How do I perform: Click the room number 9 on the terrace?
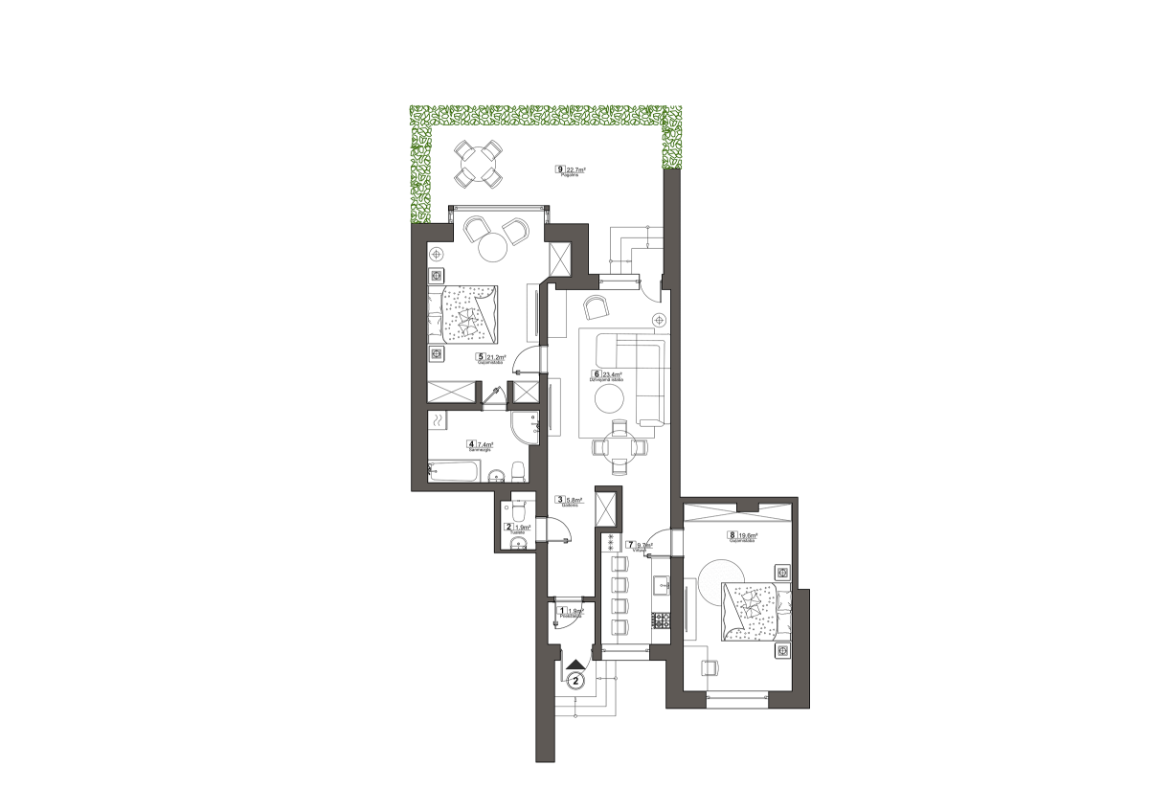pos(560,169)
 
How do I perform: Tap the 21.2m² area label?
pos(497,357)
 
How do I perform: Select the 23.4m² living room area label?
pos(612,374)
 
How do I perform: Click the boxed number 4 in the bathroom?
pos(471,444)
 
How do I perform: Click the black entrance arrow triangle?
pos(574,664)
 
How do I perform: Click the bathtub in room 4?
pos(455,472)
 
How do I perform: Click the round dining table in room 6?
pos(620,446)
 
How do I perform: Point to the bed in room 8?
pos(753,609)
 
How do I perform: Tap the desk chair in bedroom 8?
pos(710,666)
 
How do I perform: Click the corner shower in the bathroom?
pos(524,425)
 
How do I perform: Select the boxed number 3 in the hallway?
pos(560,499)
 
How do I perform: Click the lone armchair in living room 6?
pos(597,306)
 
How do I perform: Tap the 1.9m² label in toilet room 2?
pos(524,527)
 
